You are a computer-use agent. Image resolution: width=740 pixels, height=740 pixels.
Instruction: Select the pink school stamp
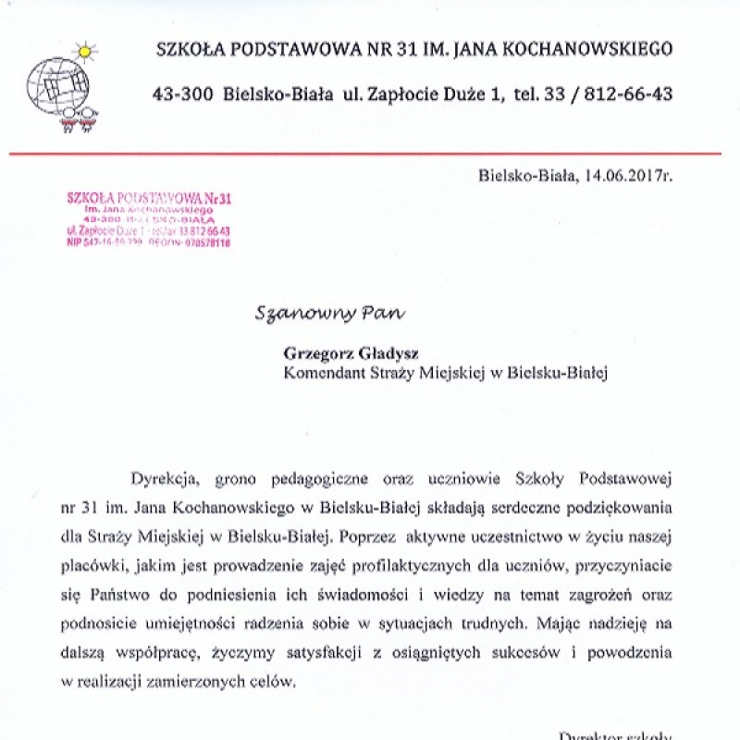(x=149, y=219)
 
